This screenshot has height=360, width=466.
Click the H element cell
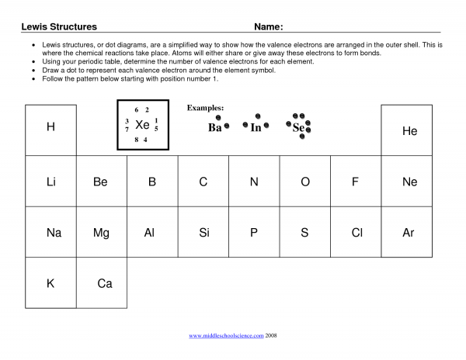tap(50, 128)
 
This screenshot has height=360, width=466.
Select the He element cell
tap(409, 131)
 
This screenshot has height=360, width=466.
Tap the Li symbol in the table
tap(50, 182)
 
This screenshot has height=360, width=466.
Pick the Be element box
tap(100, 182)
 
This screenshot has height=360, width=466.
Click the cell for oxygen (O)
tap(305, 182)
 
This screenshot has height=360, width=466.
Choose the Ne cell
tap(409, 182)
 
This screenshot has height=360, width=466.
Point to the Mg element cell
tap(101, 232)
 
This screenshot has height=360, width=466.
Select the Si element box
tap(204, 232)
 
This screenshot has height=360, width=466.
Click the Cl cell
tap(357, 232)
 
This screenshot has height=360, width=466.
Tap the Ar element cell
tap(409, 232)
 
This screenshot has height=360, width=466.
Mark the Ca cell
tap(105, 283)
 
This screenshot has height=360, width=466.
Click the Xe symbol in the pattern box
tap(142, 125)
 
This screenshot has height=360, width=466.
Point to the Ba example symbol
tap(215, 128)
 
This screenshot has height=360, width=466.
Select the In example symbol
tap(256, 127)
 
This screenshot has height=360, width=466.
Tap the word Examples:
tap(205, 108)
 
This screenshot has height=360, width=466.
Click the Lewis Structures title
tap(59, 27)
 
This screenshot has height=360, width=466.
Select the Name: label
tap(269, 27)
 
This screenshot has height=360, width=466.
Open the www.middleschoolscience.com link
tap(227, 336)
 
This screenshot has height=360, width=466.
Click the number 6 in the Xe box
tap(136, 110)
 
